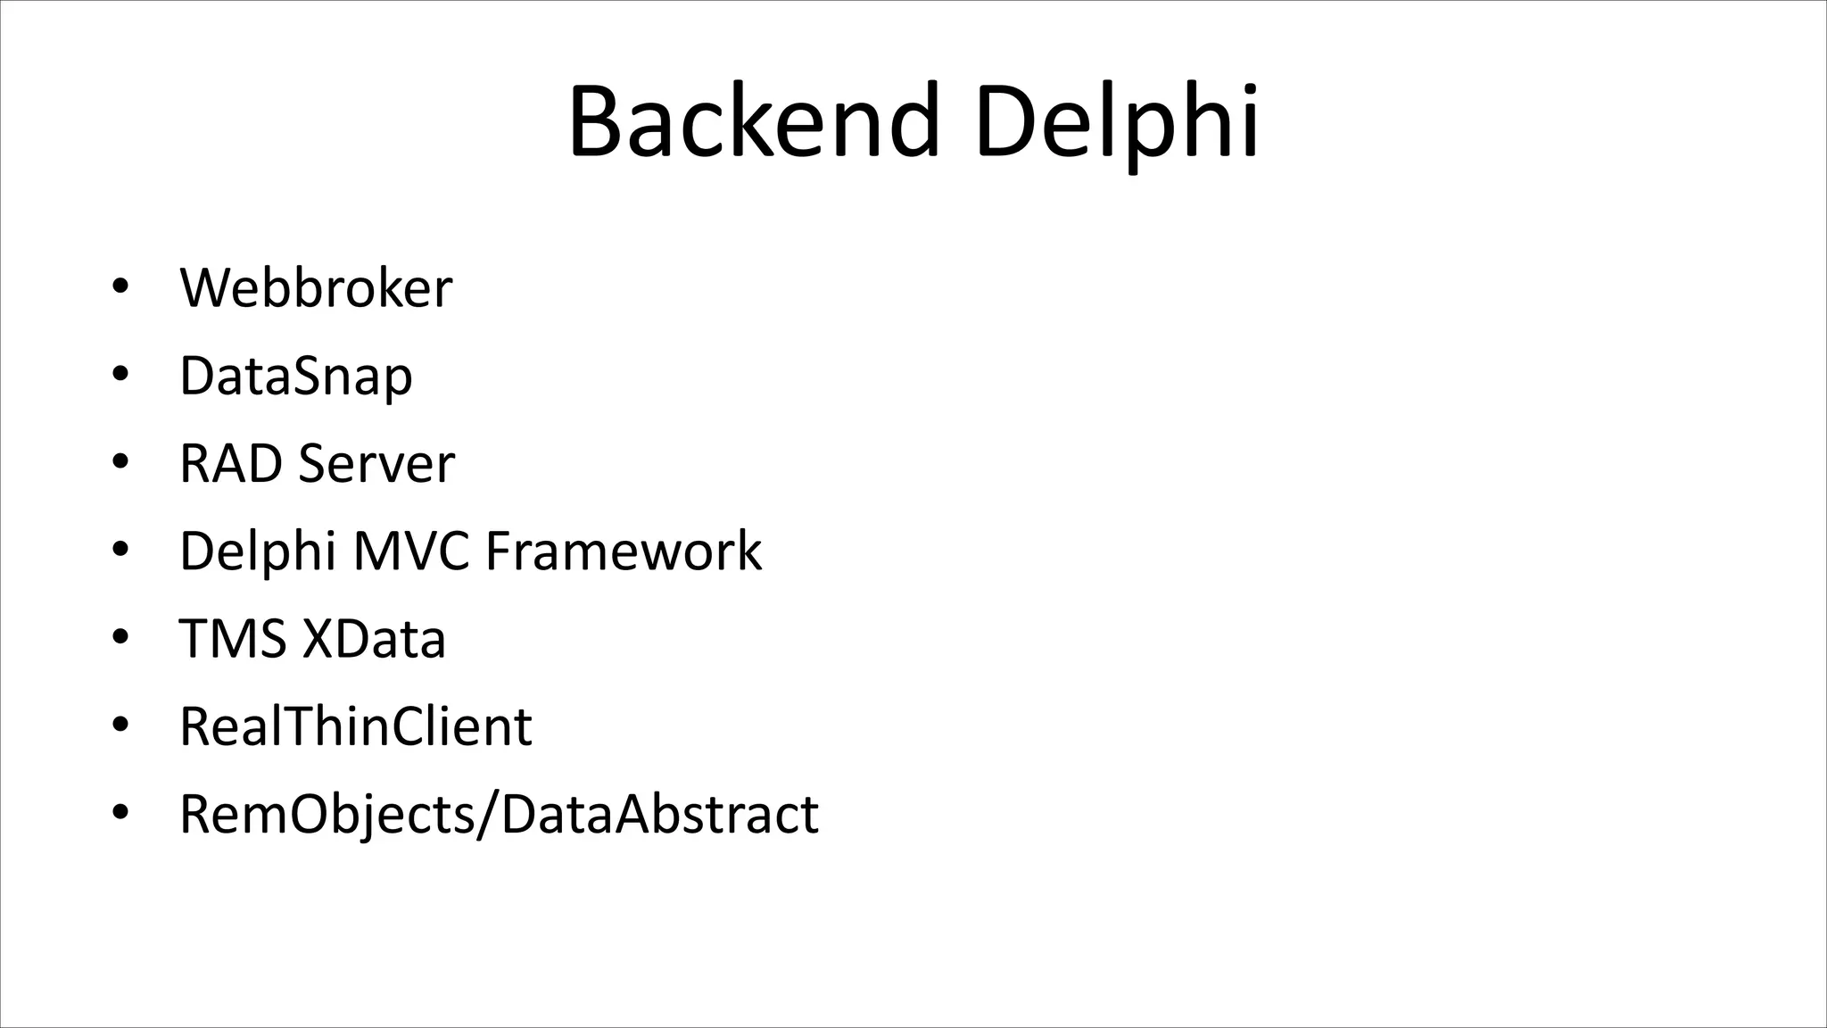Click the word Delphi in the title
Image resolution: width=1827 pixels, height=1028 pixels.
[1116, 122]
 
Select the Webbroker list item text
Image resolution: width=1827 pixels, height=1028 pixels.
[316, 288]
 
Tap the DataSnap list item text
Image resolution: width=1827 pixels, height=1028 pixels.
[295, 376]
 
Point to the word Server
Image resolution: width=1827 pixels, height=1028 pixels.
[376, 463]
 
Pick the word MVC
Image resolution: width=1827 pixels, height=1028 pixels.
[410, 551]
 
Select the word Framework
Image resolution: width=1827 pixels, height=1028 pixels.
[624, 551]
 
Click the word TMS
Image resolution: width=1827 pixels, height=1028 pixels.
[233, 639]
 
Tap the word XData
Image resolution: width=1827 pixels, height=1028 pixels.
[374, 639]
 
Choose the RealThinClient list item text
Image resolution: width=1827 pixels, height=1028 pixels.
[355, 726]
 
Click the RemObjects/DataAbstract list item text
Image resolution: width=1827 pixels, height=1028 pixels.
[499, 814]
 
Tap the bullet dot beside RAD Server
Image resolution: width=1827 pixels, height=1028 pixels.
[120, 462]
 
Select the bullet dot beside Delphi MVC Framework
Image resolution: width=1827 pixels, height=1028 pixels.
[120, 550]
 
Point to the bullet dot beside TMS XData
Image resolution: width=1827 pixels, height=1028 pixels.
[120, 637]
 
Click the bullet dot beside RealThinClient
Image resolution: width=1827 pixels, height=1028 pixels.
[120, 725]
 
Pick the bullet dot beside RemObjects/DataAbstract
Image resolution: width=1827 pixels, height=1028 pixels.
[120, 813]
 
